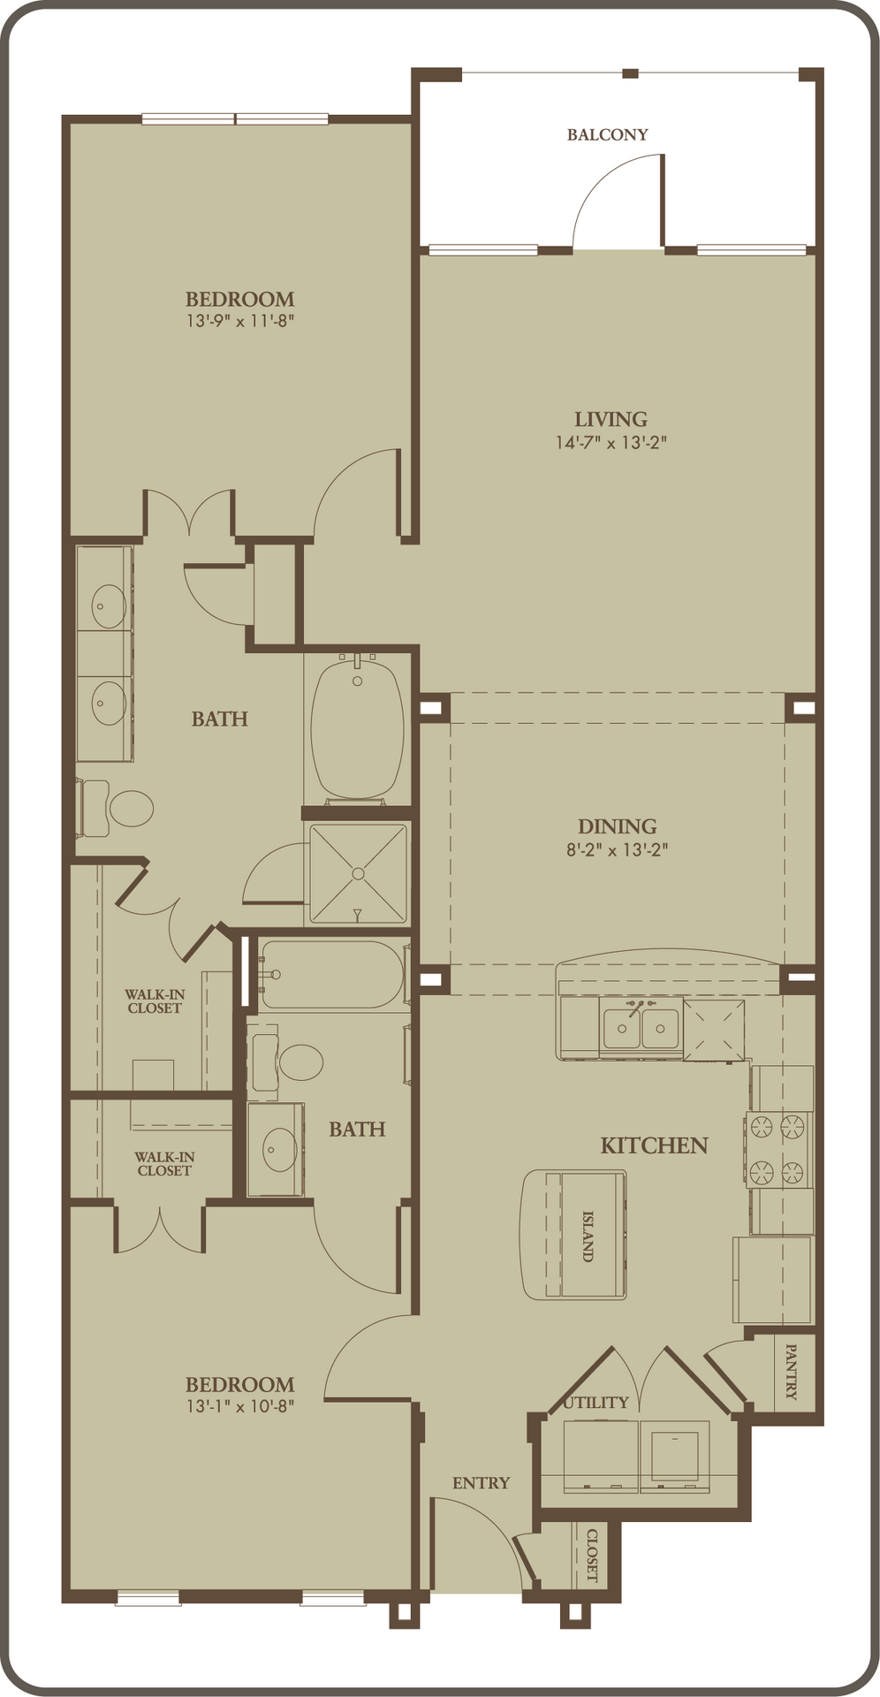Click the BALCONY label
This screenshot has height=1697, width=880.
(607, 135)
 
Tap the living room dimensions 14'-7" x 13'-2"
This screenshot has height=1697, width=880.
(611, 442)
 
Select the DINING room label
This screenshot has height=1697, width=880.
(617, 826)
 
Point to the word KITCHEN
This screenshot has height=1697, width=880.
(654, 1145)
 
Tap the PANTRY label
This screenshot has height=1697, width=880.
(791, 1372)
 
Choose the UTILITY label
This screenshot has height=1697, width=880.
(596, 1403)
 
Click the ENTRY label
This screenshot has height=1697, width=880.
(481, 1483)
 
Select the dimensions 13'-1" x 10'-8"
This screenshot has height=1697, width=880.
(239, 1406)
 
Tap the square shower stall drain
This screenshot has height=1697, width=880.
(358, 873)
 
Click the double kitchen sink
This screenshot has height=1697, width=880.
(641, 1028)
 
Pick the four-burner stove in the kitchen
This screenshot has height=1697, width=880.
(778, 1149)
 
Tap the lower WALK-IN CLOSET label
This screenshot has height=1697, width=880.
(164, 1163)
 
